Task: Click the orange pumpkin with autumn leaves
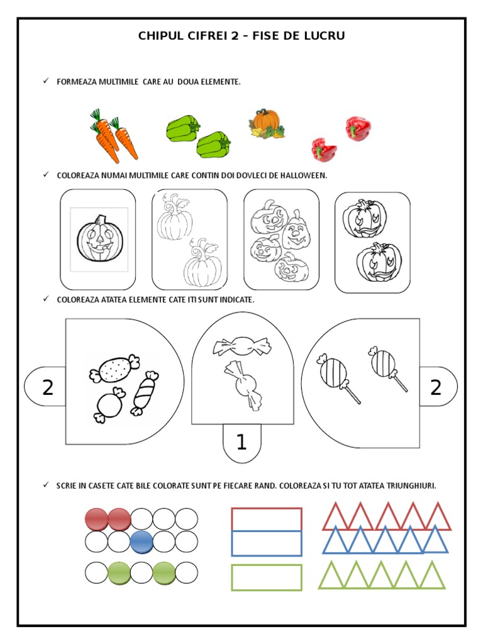tap(266, 123)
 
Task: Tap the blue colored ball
tap(142, 541)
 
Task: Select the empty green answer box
tap(267, 577)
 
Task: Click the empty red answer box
tap(267, 519)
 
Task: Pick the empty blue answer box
tap(267, 543)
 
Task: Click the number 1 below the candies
tap(241, 442)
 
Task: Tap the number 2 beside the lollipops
tap(435, 387)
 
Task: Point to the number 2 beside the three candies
tap(48, 387)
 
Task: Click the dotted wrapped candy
tap(114, 369)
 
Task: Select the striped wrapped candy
tap(145, 394)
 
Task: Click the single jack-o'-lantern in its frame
tap(99, 238)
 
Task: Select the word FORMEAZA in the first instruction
tap(77, 82)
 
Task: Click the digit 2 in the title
tap(235, 36)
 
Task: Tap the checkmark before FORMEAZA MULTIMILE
tap(46, 81)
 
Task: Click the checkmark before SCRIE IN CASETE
tap(46, 485)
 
